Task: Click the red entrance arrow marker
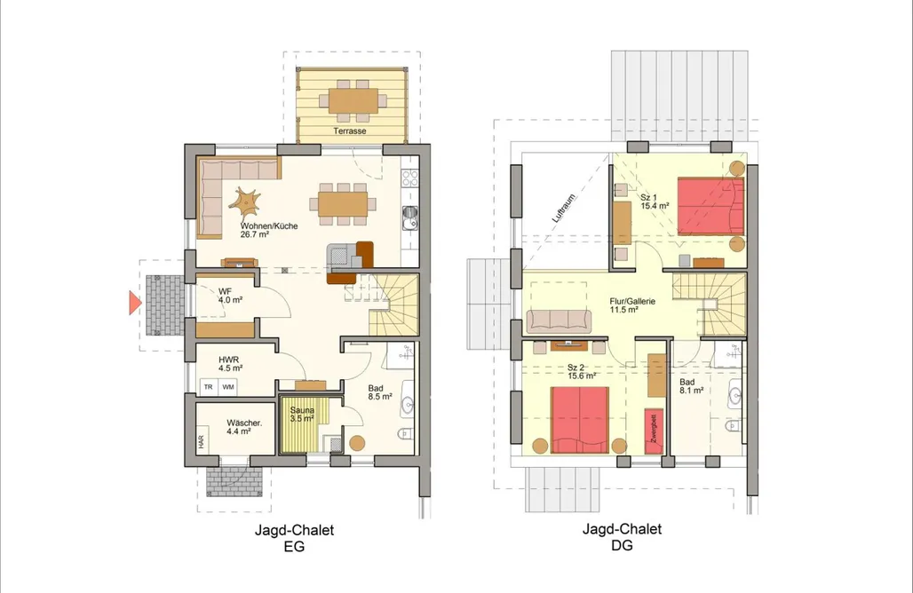pyautogui.click(x=134, y=304)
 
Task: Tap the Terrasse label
pyautogui.click(x=349, y=130)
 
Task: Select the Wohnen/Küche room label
pyautogui.click(x=269, y=230)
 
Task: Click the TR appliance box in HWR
pyautogui.click(x=209, y=387)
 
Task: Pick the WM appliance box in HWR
pyautogui.click(x=227, y=387)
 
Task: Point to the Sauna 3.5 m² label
pyautogui.click(x=302, y=415)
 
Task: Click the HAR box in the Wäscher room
pyautogui.click(x=201, y=442)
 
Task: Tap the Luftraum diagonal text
pyautogui.click(x=564, y=209)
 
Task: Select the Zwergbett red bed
pyautogui.click(x=654, y=431)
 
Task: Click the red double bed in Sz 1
pyautogui.click(x=711, y=207)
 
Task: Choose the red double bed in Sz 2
pyautogui.click(x=580, y=420)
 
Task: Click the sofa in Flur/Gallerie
pyautogui.click(x=559, y=321)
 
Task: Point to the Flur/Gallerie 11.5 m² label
pyautogui.click(x=632, y=305)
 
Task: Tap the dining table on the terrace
pyautogui.click(x=353, y=100)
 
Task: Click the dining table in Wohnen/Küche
pyautogui.click(x=343, y=203)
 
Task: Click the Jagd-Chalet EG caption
pyautogui.click(x=294, y=538)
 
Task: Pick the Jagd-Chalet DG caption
pyautogui.click(x=622, y=537)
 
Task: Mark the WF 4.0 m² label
pyautogui.click(x=230, y=296)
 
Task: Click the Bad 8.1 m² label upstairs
pyautogui.click(x=691, y=386)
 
